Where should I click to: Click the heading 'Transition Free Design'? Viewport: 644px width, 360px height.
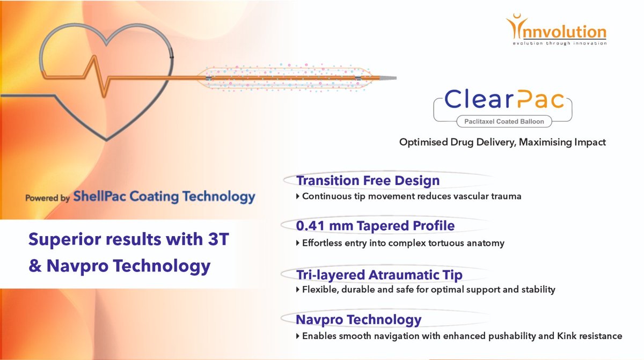[x=368, y=181]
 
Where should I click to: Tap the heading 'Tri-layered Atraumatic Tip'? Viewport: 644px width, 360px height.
[x=379, y=275]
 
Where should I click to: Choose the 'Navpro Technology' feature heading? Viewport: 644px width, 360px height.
[x=358, y=320]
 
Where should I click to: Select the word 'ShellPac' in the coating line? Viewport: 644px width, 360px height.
[x=104, y=197]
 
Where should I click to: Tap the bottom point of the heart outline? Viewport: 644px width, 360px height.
[x=106, y=140]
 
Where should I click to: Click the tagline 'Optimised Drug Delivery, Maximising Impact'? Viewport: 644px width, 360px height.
[x=502, y=142]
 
